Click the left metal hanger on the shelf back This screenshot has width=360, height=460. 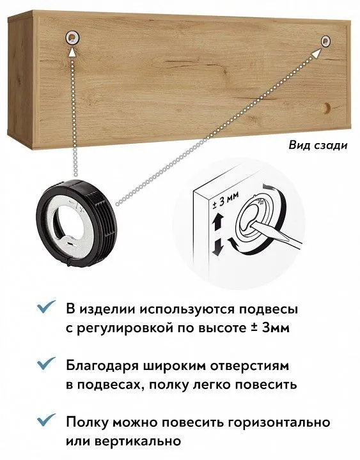[x=72, y=37]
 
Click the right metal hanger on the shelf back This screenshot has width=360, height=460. [x=325, y=42]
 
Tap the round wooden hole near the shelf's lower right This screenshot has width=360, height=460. [x=325, y=108]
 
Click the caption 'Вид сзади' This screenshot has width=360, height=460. [x=318, y=145]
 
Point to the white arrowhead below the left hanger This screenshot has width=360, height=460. [x=72, y=52]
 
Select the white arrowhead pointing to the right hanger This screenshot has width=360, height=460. [x=317, y=54]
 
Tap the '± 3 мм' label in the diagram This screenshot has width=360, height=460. [x=226, y=201]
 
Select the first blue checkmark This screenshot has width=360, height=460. [x=46, y=307]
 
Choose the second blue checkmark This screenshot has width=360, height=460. [x=46, y=364]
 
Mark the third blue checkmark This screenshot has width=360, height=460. [x=46, y=420]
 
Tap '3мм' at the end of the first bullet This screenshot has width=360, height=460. [x=276, y=327]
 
